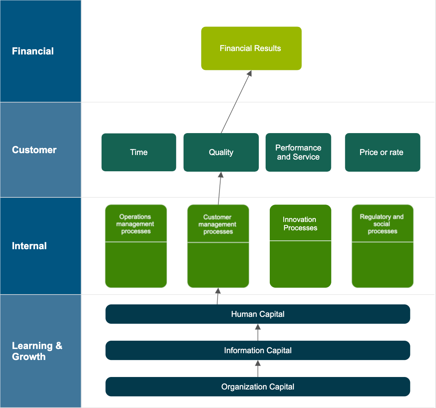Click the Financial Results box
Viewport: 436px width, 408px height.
pos(251,48)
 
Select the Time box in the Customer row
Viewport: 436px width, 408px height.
pos(139,152)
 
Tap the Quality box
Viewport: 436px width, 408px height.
pos(221,152)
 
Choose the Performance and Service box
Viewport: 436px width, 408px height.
pos(298,152)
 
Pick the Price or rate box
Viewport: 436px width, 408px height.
pos(382,152)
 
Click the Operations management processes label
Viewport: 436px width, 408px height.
pos(136,224)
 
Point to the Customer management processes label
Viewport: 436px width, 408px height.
pos(218,224)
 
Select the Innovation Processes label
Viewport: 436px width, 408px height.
pos(300,223)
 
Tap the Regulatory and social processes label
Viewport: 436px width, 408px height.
pos(382,224)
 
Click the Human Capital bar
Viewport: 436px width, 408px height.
pos(258,314)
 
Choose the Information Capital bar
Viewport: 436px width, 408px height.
pos(258,351)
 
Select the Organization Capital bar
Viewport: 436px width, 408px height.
pos(258,387)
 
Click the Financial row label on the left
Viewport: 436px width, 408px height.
pos(33,51)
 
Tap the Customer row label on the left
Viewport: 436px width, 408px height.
pos(34,150)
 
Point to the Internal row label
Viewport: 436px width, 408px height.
pos(29,246)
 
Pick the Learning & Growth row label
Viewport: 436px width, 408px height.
pos(37,351)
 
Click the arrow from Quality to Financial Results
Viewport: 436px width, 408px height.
pos(236,102)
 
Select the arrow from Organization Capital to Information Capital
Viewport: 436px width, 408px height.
pos(258,369)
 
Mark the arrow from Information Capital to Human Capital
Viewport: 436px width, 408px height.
pos(258,333)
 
